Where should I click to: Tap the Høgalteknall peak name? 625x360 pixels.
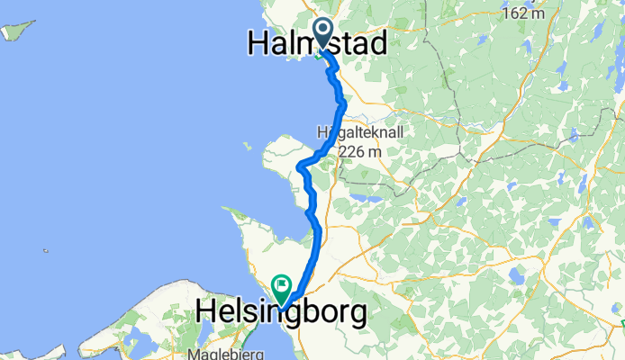click(360, 132)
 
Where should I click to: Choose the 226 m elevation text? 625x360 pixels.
click(360, 152)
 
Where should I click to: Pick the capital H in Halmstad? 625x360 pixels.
click(260, 42)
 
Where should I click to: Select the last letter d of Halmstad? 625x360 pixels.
click(378, 42)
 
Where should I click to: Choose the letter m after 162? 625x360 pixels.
click(539, 13)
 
